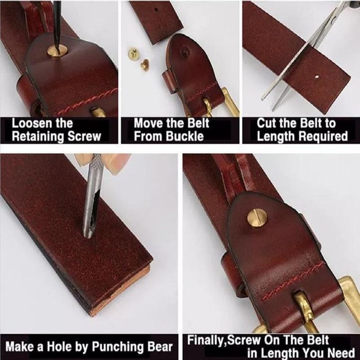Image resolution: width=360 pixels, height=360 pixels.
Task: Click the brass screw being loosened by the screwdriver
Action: click(x=58, y=51)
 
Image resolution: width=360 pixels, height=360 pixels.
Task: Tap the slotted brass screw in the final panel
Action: click(x=257, y=218)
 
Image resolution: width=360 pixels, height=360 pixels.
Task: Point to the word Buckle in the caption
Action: click(x=184, y=136)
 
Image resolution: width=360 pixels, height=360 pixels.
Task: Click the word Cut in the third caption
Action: click(x=267, y=123)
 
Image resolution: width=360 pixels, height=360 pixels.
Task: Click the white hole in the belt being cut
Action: click(x=317, y=77)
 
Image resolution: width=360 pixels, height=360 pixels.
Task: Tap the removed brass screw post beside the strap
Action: click(x=132, y=54)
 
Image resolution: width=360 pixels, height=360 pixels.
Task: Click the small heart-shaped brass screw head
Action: click(x=145, y=65)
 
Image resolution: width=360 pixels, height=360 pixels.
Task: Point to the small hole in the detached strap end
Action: click(x=156, y=9)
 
